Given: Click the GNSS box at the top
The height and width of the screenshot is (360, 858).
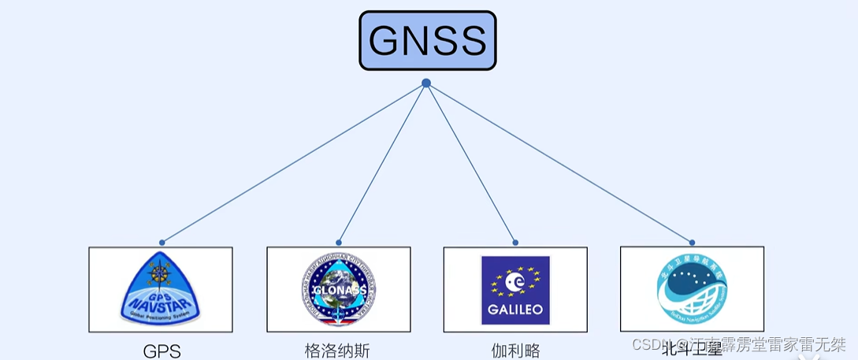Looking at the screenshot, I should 428,40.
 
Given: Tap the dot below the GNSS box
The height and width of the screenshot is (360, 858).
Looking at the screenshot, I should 426,83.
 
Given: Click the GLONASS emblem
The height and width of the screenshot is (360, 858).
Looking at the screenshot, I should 338,290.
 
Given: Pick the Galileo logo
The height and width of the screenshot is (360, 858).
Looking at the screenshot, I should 515,290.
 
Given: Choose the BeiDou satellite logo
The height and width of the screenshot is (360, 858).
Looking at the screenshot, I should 692,288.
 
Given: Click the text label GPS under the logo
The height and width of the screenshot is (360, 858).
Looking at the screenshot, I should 162,351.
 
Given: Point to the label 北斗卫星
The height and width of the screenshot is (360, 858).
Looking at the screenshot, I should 692,347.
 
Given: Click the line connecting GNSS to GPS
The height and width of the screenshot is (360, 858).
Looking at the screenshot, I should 293,163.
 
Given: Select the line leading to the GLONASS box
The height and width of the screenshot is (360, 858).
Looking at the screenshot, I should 382,163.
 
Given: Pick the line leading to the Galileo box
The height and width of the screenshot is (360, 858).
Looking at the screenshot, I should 471,163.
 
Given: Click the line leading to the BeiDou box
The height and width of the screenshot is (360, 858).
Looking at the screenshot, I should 559,163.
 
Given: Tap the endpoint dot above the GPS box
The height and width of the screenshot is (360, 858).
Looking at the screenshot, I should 162,243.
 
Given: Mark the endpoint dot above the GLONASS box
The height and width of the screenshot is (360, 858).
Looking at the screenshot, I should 339,243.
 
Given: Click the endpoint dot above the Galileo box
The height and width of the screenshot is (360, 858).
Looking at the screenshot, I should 515,243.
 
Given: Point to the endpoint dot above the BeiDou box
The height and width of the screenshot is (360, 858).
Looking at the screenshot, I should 692,243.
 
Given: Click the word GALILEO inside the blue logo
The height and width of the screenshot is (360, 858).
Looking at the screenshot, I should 515,310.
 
